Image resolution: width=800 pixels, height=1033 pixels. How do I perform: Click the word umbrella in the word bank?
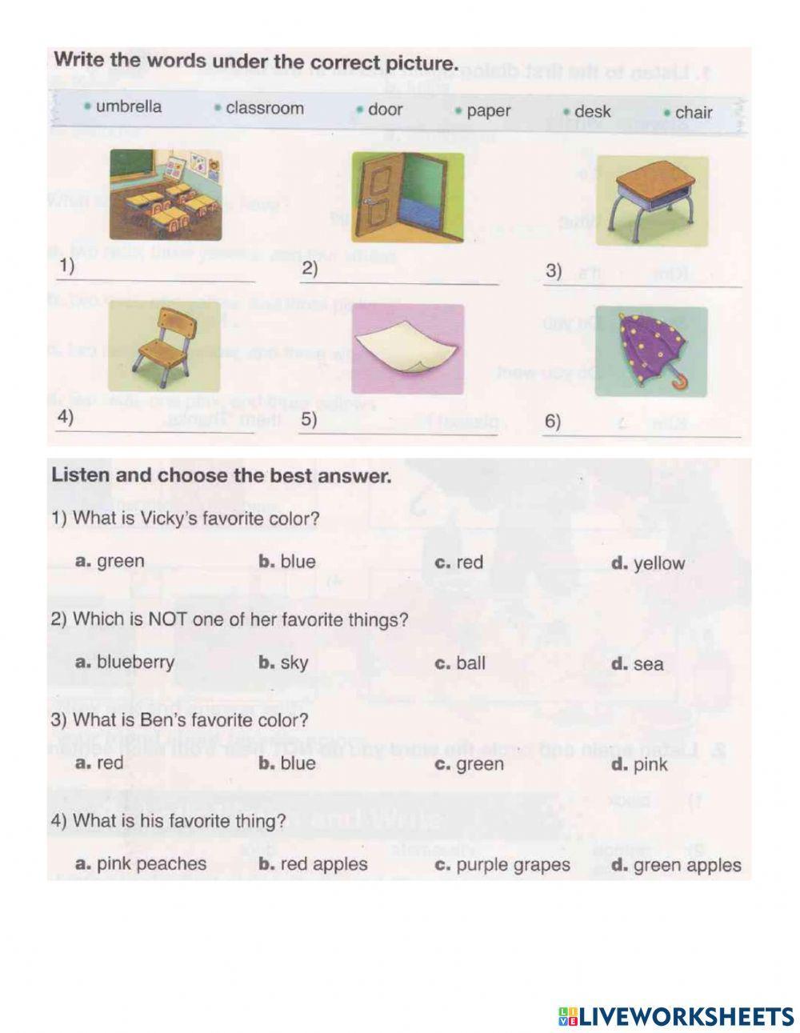[127, 107]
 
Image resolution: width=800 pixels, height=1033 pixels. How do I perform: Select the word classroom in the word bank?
[264, 108]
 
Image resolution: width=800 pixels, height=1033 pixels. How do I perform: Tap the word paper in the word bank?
[487, 111]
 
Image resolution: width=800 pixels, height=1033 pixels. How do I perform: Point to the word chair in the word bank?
[693, 113]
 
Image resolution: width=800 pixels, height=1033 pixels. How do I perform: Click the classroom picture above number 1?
[166, 194]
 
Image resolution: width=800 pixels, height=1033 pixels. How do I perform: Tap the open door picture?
[407, 196]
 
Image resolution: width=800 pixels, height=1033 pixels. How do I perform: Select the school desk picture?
[652, 200]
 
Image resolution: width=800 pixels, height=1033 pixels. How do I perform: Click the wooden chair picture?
[163, 345]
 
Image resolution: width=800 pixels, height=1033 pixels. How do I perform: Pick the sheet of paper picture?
[407, 348]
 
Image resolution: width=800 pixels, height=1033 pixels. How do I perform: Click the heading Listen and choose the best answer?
[222, 476]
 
